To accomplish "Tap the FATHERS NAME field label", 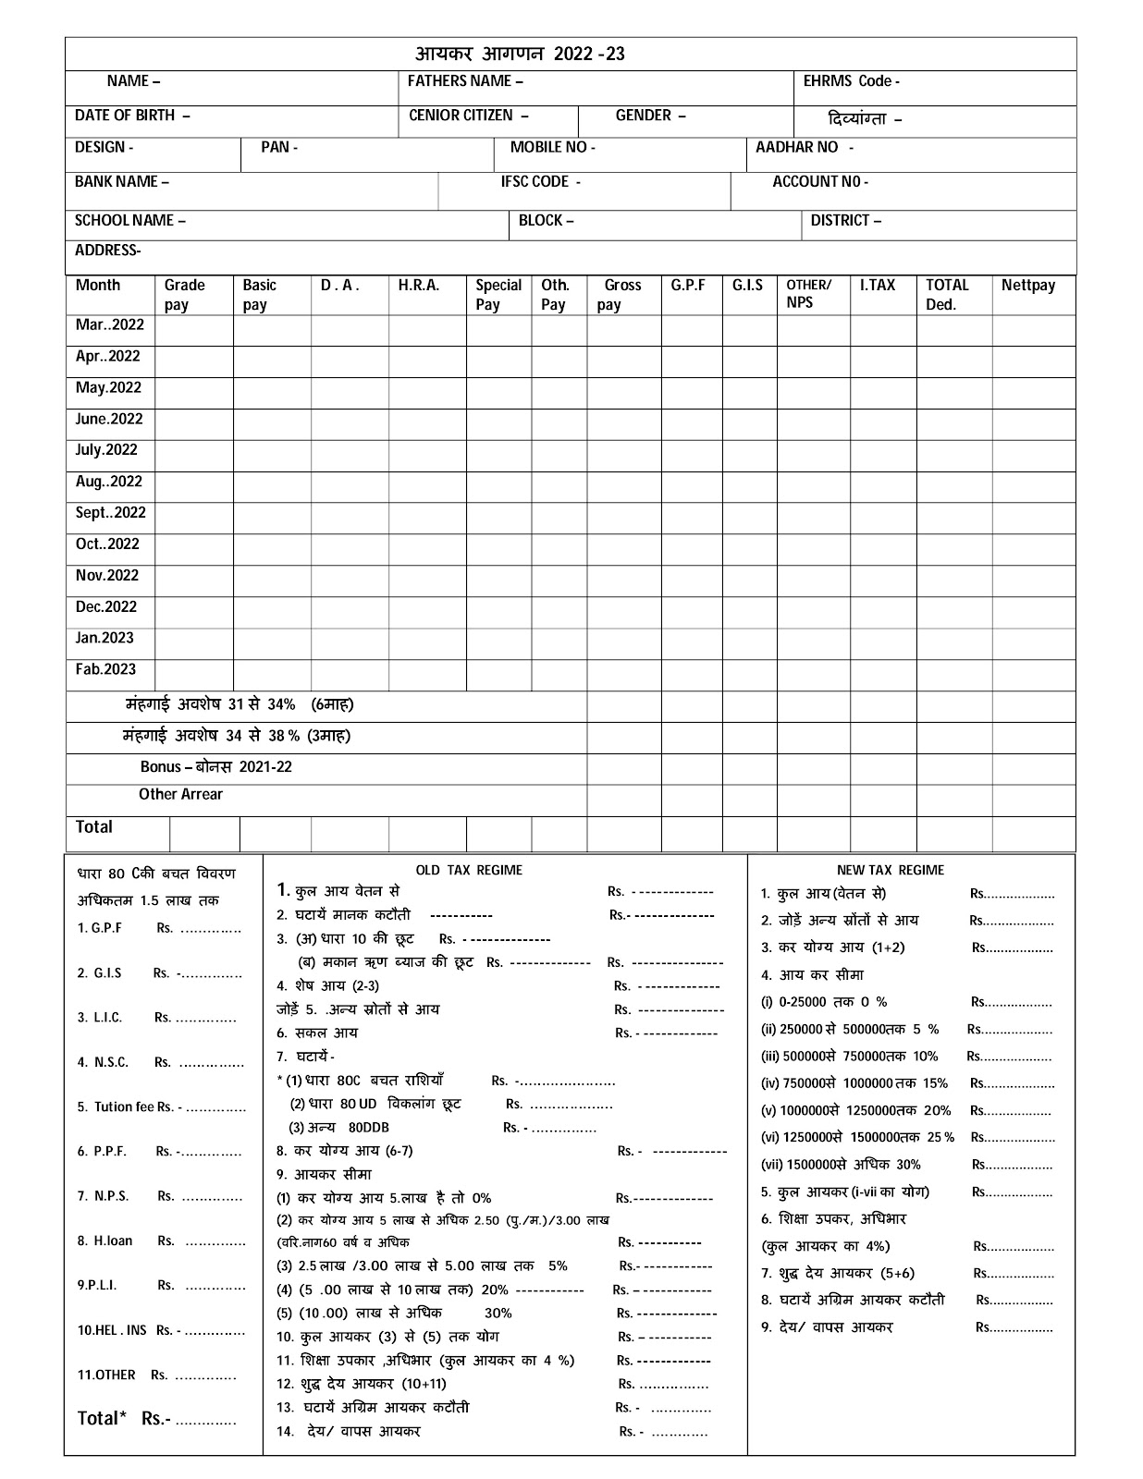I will point(465,81).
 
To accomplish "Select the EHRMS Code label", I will point(851,81).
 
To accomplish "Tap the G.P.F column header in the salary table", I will point(688,286).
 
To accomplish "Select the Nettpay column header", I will point(1027,286).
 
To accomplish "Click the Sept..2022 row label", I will point(110,513).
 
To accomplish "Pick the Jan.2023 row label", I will point(104,638).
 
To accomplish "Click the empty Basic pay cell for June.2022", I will point(272,424).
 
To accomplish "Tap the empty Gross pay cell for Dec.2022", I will point(624,612).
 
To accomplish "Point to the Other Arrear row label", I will point(180,794).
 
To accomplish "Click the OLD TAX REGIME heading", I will point(469,870).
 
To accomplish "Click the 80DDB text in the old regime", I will point(369,1128).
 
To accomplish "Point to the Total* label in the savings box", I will point(98,1418).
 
